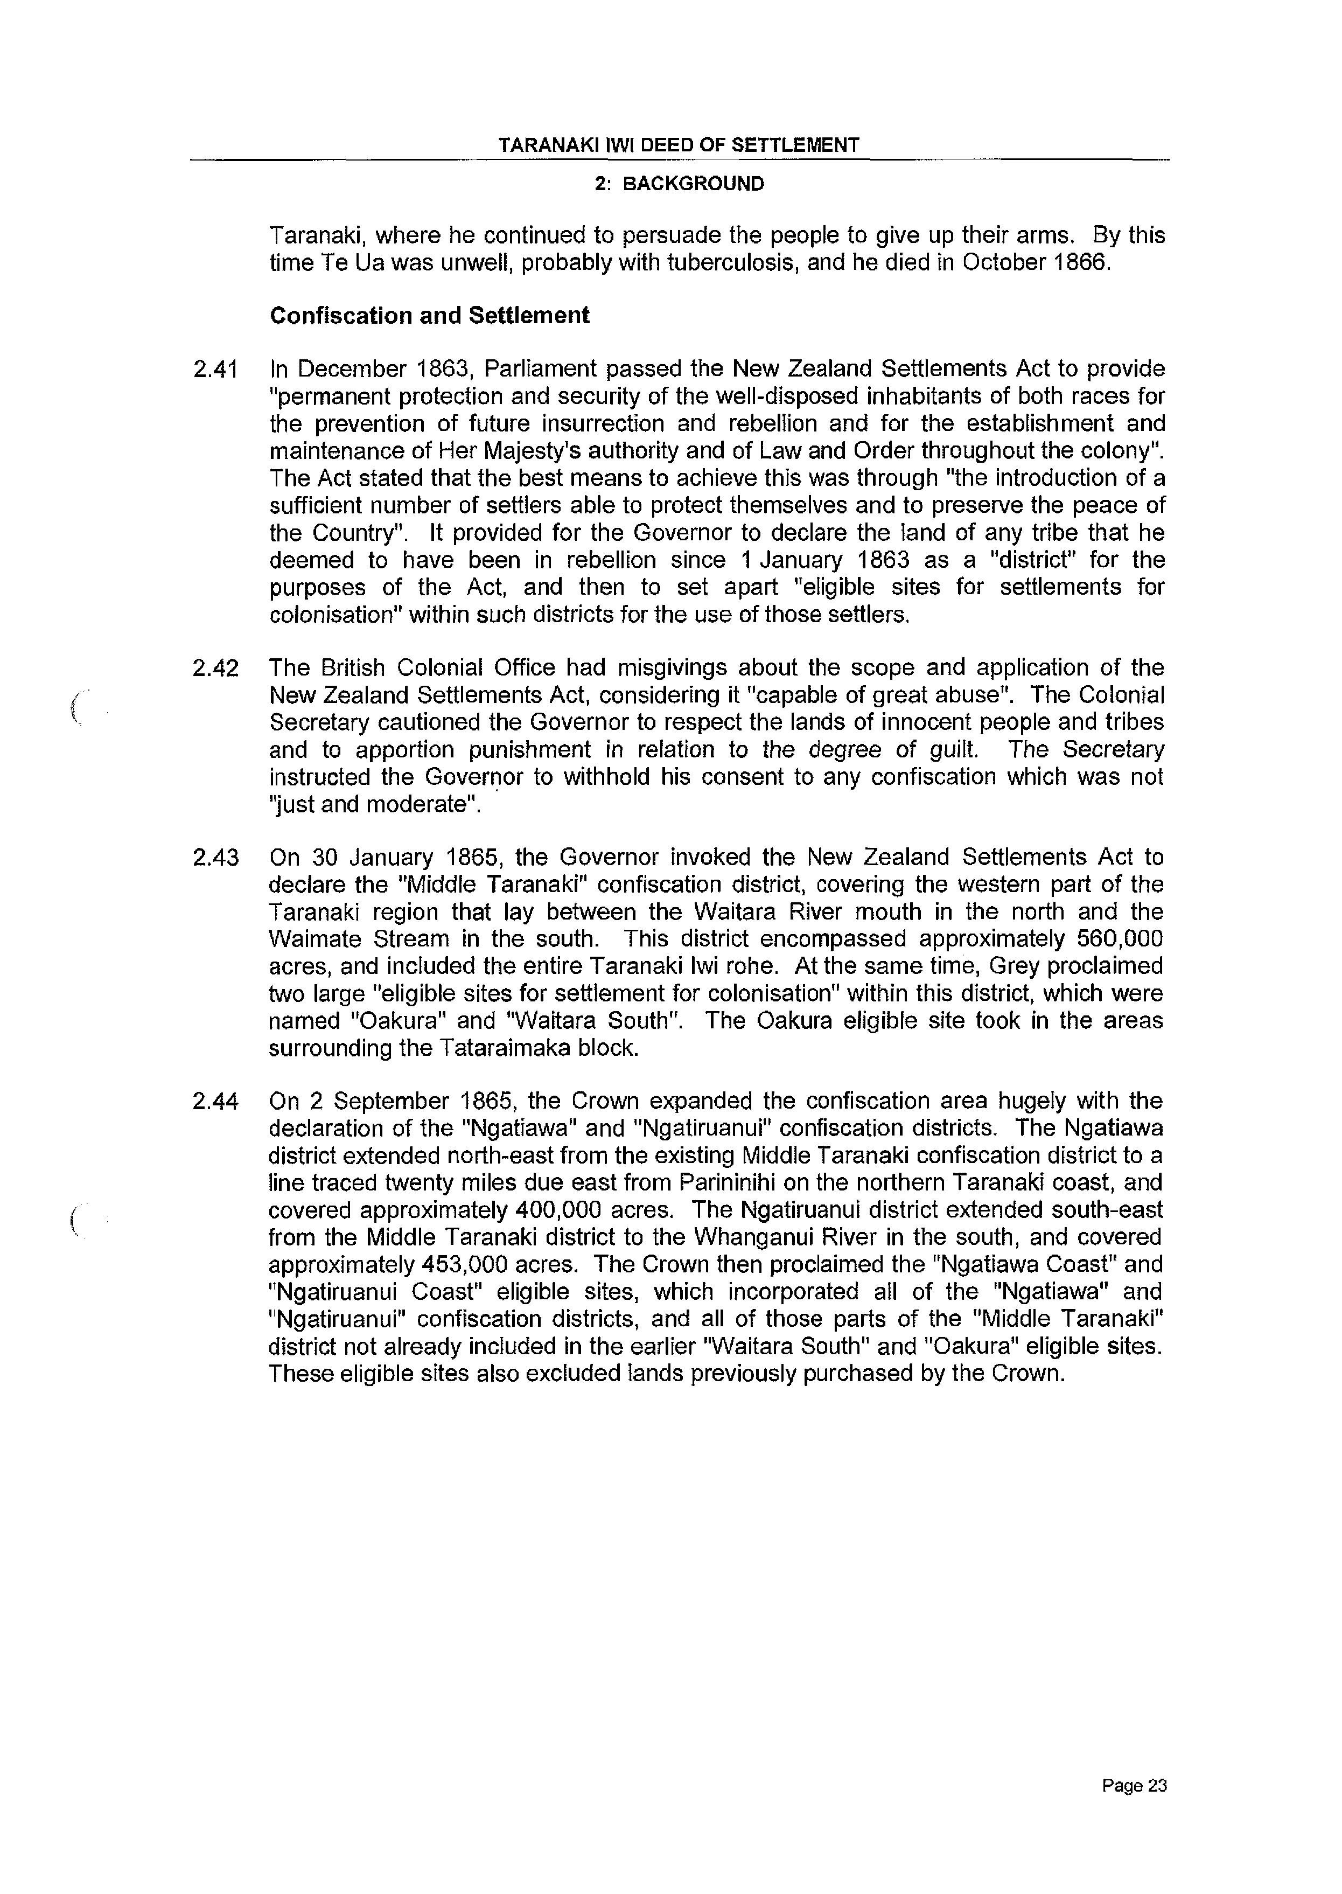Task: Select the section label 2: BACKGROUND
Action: click(679, 184)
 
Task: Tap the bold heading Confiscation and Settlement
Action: click(430, 316)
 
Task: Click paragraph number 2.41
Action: click(215, 370)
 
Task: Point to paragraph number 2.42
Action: click(215, 667)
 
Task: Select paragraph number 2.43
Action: click(215, 858)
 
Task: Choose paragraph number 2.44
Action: click(215, 1102)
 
